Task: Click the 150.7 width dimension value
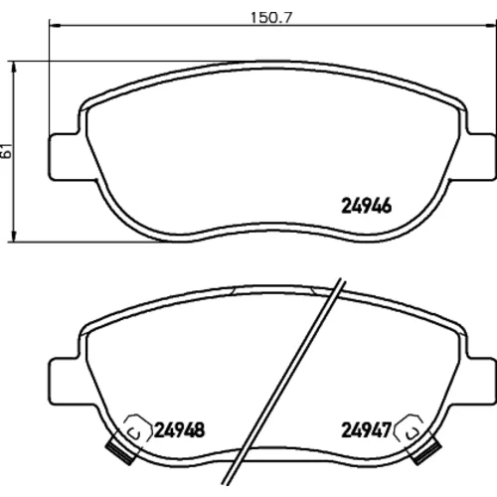coord(271,18)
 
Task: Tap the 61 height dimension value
coord(6,151)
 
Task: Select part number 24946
coord(366,206)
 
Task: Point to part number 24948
coord(179,430)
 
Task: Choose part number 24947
coord(367,430)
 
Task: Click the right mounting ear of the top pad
coord(481,157)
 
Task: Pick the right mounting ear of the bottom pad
coord(481,381)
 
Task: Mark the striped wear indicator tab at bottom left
coord(121,451)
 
